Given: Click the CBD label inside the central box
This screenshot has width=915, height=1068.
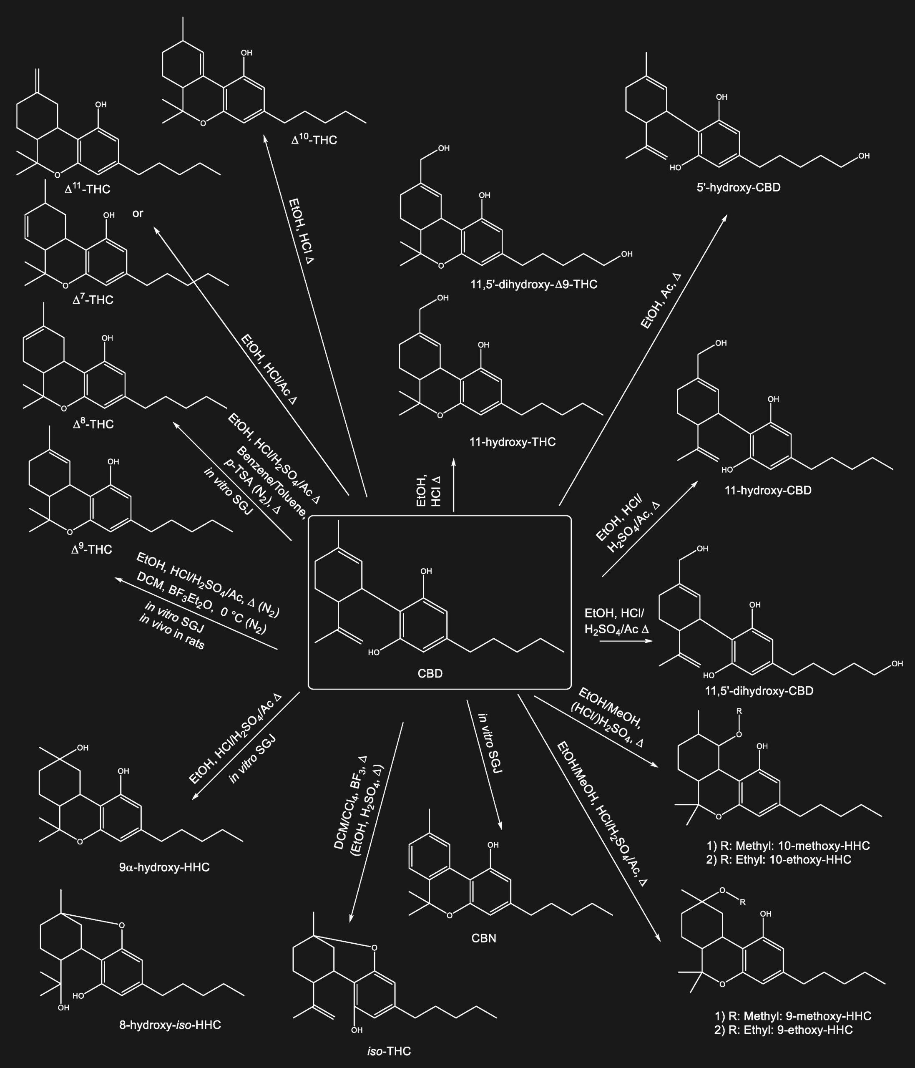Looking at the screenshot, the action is point(430,674).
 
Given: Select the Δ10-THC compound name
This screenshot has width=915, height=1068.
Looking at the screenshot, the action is point(314,140).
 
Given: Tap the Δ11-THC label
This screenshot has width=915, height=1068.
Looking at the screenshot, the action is point(88,189).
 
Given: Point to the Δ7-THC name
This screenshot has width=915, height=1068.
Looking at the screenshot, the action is point(93,300).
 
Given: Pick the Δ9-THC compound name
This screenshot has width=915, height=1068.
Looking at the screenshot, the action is point(92,549).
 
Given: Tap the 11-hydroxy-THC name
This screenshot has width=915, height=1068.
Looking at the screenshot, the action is point(513,442).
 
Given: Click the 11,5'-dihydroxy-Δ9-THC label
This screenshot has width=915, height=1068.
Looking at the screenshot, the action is point(534,285).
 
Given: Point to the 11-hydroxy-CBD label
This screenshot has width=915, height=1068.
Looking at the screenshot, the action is point(768,491).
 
